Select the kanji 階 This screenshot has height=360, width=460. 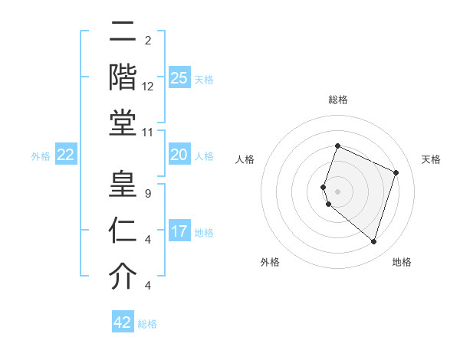pyautogui.click(x=123, y=77)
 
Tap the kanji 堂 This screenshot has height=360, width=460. pyautogui.click(x=123, y=122)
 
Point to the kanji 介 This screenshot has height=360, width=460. pyautogui.click(x=123, y=277)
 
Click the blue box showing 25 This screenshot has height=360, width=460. pyautogui.click(x=179, y=78)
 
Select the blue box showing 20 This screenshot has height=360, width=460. pyautogui.click(x=179, y=155)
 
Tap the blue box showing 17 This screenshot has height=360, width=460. pyautogui.click(x=179, y=231)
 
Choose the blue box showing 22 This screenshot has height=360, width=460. pyautogui.click(x=66, y=155)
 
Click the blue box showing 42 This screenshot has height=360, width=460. pyautogui.click(x=123, y=322)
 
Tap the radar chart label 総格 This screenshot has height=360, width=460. pyautogui.click(x=338, y=100)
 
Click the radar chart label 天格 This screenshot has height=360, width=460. pyautogui.click(x=432, y=159)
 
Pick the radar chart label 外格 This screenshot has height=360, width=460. pyautogui.click(x=270, y=262)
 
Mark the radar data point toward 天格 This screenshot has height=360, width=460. pyautogui.click(x=396, y=172)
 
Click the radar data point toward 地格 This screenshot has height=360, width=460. pyautogui.click(x=373, y=241)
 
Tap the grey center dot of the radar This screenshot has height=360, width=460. pyautogui.click(x=338, y=191)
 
